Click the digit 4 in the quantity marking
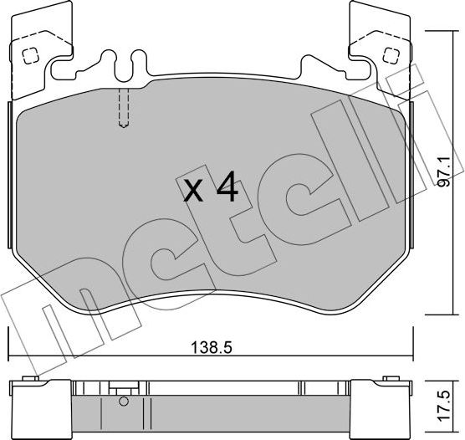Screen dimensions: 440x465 point(226,190)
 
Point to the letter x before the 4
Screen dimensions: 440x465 point(194,193)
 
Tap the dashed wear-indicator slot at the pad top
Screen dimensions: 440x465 point(122,109)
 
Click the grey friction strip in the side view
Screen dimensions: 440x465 point(209,408)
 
